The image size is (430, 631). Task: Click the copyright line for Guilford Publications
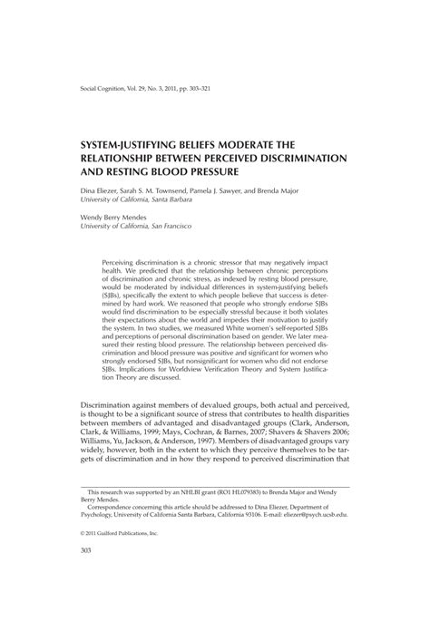coord(107,585)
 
